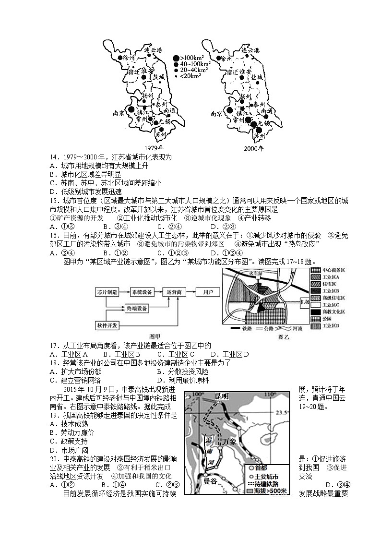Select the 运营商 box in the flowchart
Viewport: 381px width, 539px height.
click(175, 291)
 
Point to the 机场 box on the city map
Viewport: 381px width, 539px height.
click(304, 301)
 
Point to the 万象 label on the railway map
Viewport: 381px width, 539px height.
click(230, 442)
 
